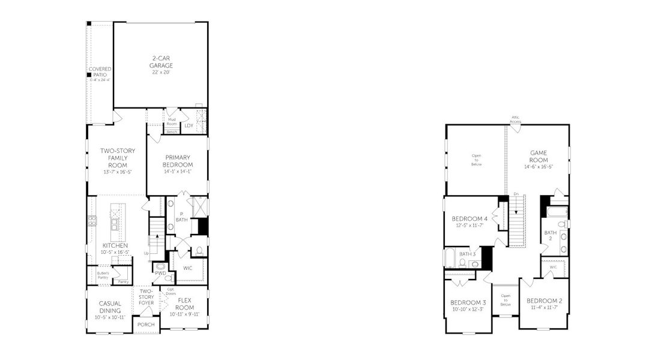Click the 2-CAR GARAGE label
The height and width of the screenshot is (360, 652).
[161, 61]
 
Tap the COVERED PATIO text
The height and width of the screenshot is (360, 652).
[100, 72]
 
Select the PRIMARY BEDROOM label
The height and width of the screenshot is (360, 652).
[178, 161]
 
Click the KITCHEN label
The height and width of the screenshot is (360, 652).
[115, 245]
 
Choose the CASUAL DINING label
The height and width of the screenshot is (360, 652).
[110, 307]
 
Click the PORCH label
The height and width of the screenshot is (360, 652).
[146, 325]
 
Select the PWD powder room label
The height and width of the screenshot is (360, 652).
[160, 273]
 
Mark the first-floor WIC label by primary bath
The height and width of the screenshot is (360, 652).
[187, 267]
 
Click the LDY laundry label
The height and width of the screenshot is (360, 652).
[189, 125]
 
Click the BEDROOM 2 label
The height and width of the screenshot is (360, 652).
[544, 300]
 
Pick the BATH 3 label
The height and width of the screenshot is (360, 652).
[467, 254]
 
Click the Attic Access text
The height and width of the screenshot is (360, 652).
[516, 119]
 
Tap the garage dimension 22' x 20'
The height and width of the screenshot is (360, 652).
[161, 72]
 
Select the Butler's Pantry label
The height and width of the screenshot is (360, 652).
[103, 275]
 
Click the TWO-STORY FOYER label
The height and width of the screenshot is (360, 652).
[146, 297]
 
